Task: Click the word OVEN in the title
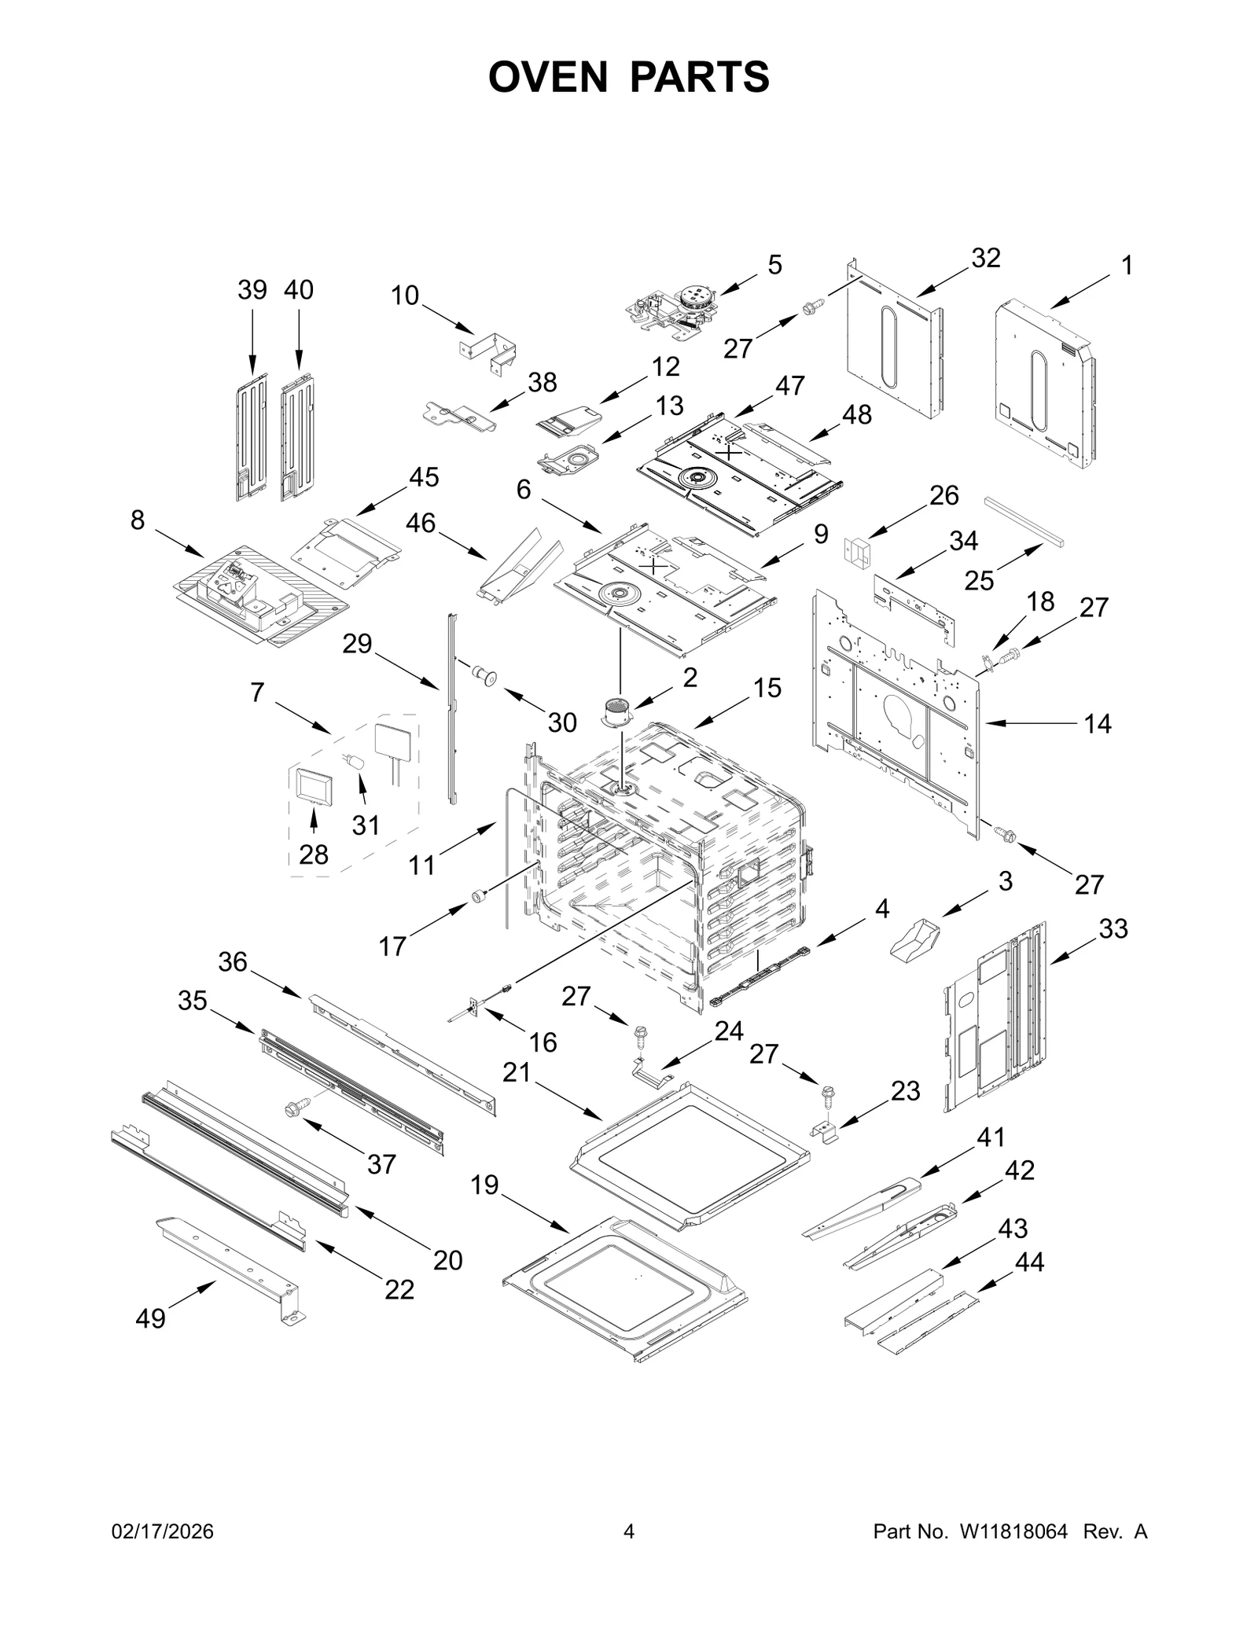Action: [x=548, y=77]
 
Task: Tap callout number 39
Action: [x=252, y=290]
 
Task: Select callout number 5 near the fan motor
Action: [x=774, y=265]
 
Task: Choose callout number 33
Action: [x=1113, y=928]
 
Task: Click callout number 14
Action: [x=1098, y=723]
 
